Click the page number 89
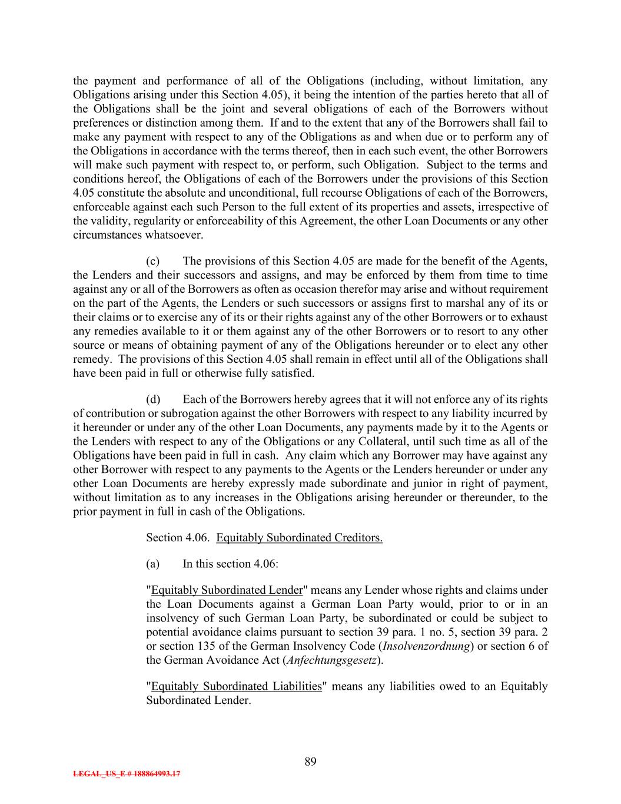[310, 762]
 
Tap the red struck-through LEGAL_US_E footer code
[127, 774]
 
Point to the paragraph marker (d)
[152, 399]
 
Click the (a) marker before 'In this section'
[152, 564]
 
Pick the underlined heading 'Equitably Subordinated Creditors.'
[299, 538]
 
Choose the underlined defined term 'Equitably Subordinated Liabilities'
[236, 686]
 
